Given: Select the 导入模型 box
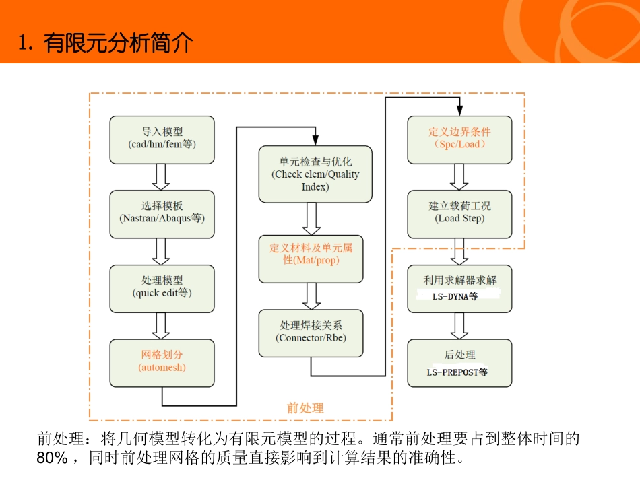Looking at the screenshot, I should [x=162, y=139].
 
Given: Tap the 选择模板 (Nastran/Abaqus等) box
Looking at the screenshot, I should [x=162, y=213].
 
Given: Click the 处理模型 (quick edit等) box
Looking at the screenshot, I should [x=162, y=287].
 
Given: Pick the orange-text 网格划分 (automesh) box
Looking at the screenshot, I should [x=162, y=362].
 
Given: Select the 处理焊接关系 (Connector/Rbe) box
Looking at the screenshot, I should [x=311, y=333].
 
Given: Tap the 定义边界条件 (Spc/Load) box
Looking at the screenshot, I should [x=459, y=139].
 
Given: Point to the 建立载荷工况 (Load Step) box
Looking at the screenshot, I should [x=459, y=213].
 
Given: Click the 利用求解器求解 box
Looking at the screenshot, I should [x=459, y=287].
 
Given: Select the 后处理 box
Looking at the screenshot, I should [x=459, y=362].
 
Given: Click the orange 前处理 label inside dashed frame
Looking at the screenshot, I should [x=305, y=407].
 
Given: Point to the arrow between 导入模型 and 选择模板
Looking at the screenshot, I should [x=161, y=176].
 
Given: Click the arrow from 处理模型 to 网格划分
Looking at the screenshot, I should [x=161, y=324].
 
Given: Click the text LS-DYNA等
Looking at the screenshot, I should [x=455, y=296].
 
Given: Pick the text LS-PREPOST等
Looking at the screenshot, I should [x=457, y=372].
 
